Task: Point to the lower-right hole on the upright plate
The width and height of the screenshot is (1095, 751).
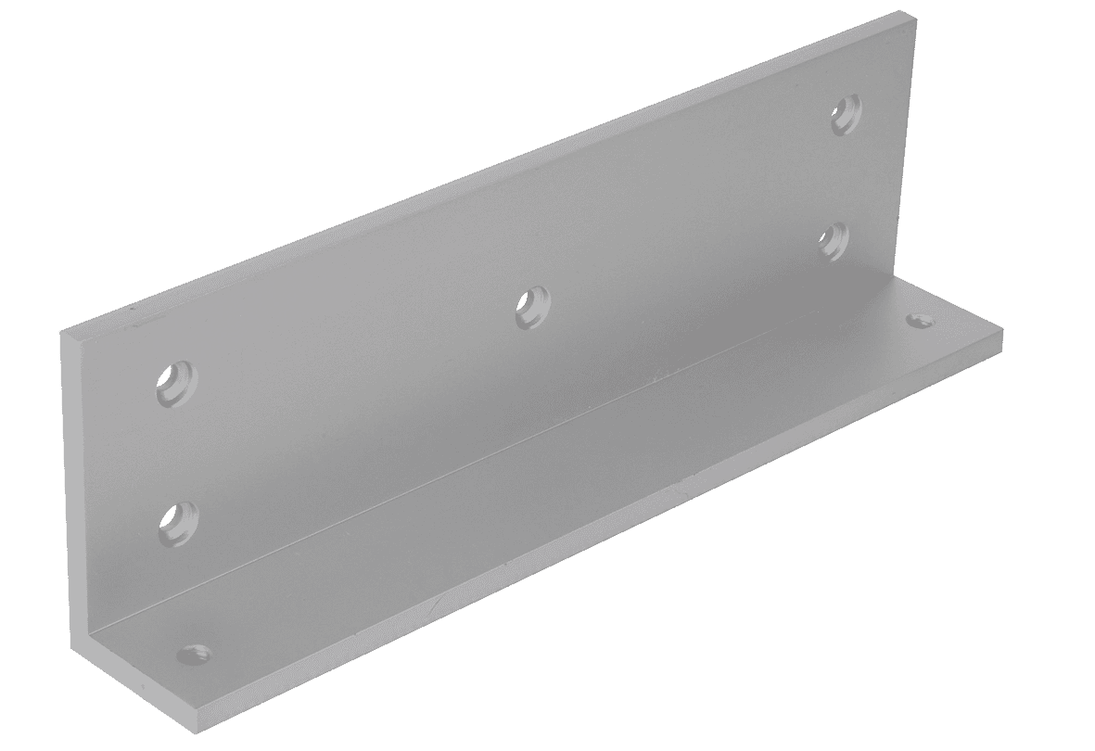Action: pyautogui.click(x=834, y=239)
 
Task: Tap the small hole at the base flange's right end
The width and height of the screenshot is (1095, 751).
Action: pyautogui.click(x=919, y=320)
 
